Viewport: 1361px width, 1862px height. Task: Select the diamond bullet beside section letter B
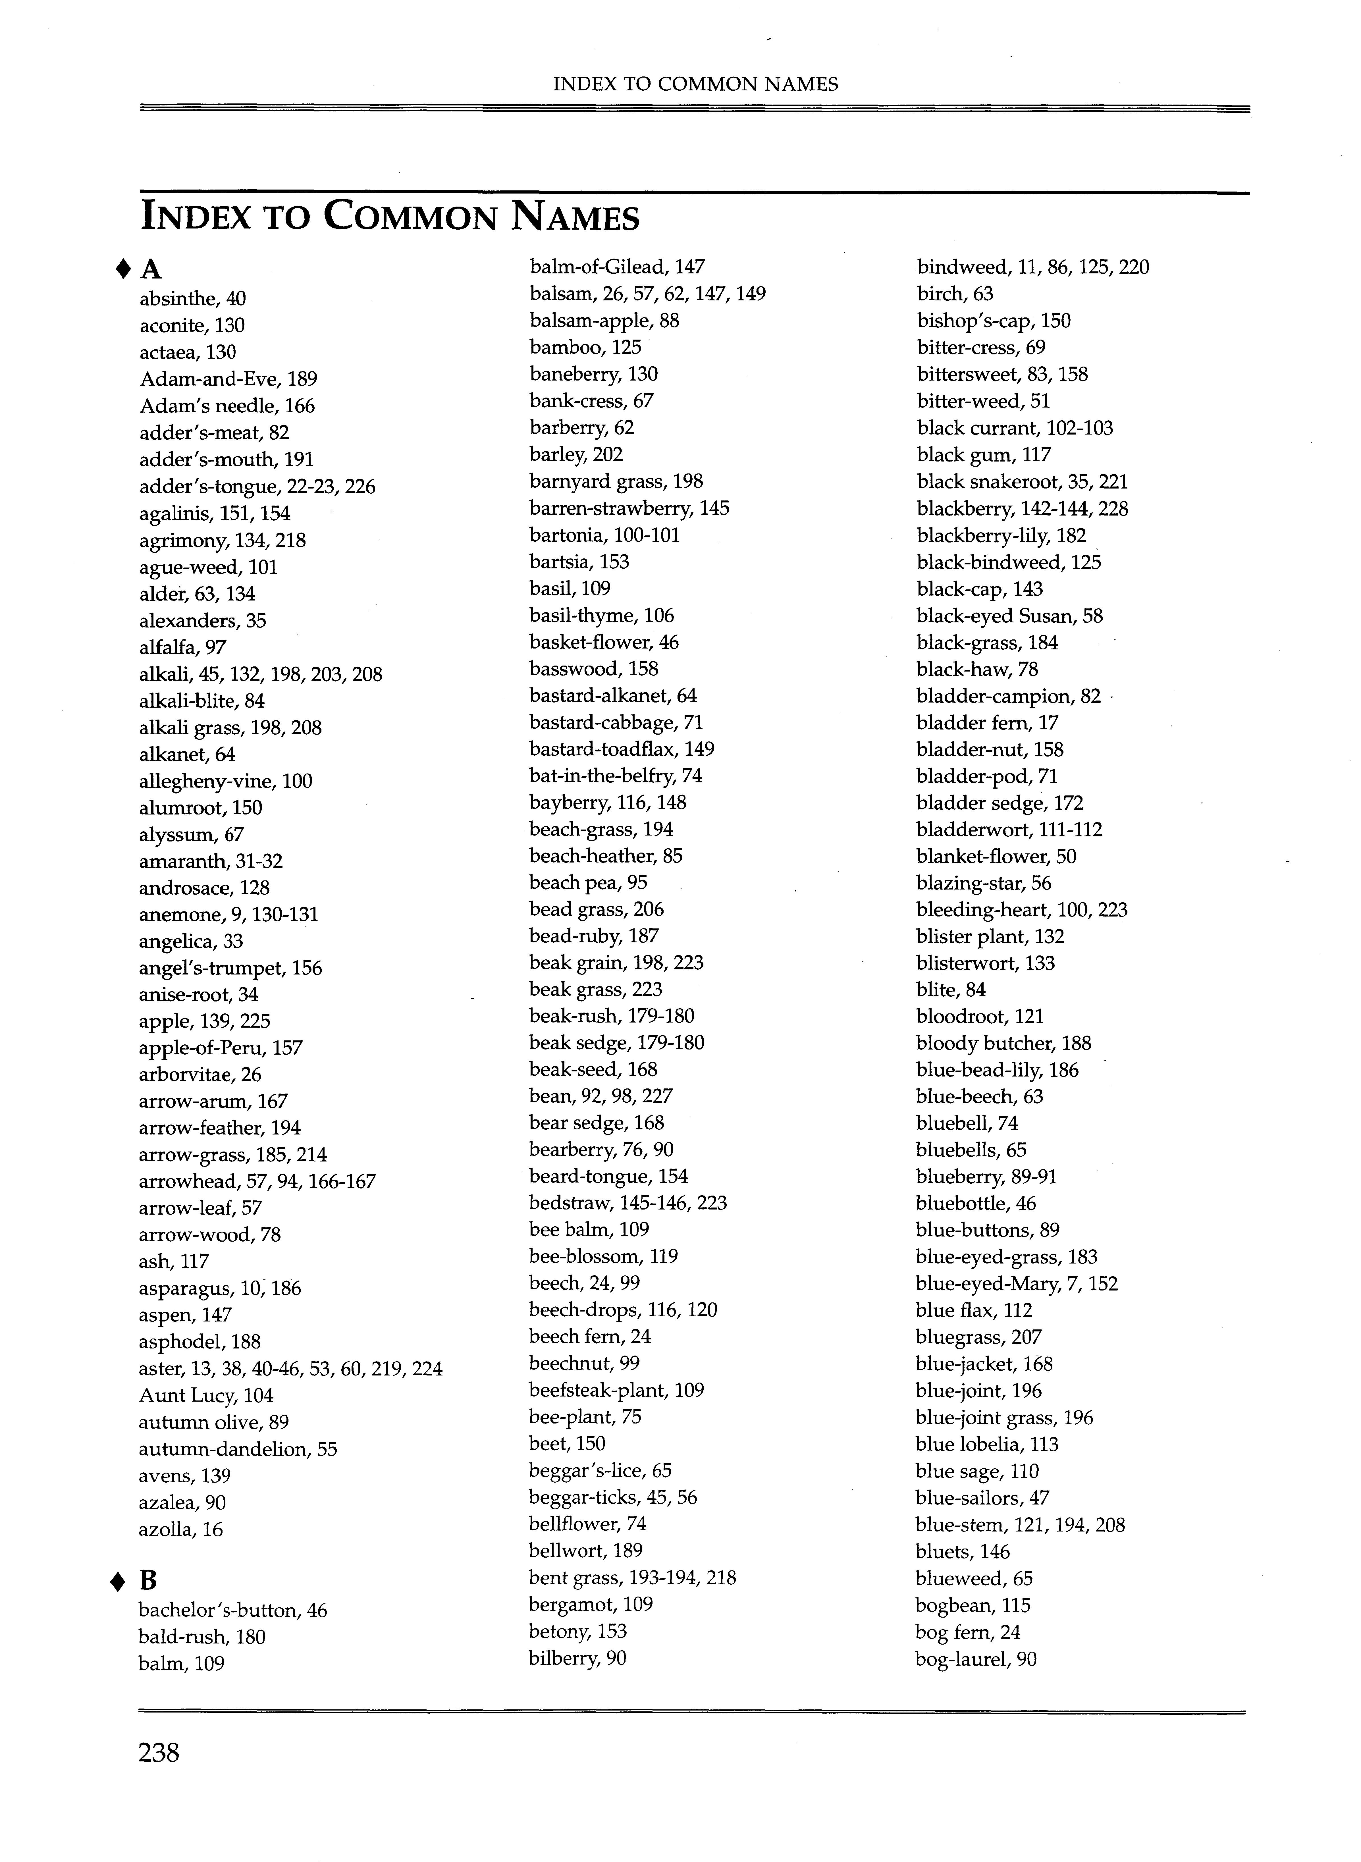tap(119, 1580)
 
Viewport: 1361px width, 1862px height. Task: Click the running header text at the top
tap(695, 84)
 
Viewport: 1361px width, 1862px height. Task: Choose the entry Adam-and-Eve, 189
tap(228, 379)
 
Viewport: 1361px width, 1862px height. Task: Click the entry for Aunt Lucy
tap(206, 1395)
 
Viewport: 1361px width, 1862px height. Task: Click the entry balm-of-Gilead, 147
tap(617, 267)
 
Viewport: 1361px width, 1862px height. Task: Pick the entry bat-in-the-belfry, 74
tap(615, 775)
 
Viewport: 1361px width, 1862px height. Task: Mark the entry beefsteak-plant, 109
tap(616, 1390)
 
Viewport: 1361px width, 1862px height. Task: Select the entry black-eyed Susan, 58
tap(1009, 616)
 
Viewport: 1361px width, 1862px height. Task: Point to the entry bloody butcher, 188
tap(1003, 1043)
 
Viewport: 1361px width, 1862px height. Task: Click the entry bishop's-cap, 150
tap(994, 321)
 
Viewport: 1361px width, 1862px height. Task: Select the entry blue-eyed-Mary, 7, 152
tap(1017, 1283)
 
